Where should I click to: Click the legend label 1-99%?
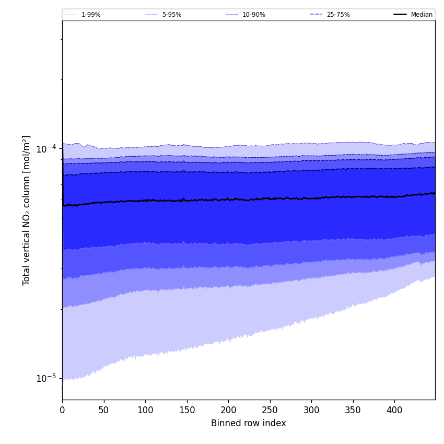[x=91, y=15]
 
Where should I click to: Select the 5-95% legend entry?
[x=172, y=15]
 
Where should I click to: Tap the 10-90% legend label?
[x=253, y=15]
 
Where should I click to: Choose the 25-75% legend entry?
[x=338, y=15]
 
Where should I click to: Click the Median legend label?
[x=422, y=15]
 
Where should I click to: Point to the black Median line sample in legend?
[x=401, y=15]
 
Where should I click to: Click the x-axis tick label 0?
[x=62, y=410]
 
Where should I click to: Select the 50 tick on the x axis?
[x=103, y=410]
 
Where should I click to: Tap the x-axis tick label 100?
[x=145, y=410]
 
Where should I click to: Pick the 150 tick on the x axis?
[x=187, y=410]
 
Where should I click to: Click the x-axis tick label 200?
[x=228, y=410]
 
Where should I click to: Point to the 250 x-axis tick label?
[x=270, y=410]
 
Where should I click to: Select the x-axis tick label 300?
[x=311, y=410]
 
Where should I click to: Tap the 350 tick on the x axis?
[x=353, y=410]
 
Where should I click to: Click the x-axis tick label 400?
[x=394, y=410]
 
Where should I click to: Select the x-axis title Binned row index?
[x=249, y=424]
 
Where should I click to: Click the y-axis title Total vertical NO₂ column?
[x=27, y=210]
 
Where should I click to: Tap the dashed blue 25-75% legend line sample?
[x=316, y=15]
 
